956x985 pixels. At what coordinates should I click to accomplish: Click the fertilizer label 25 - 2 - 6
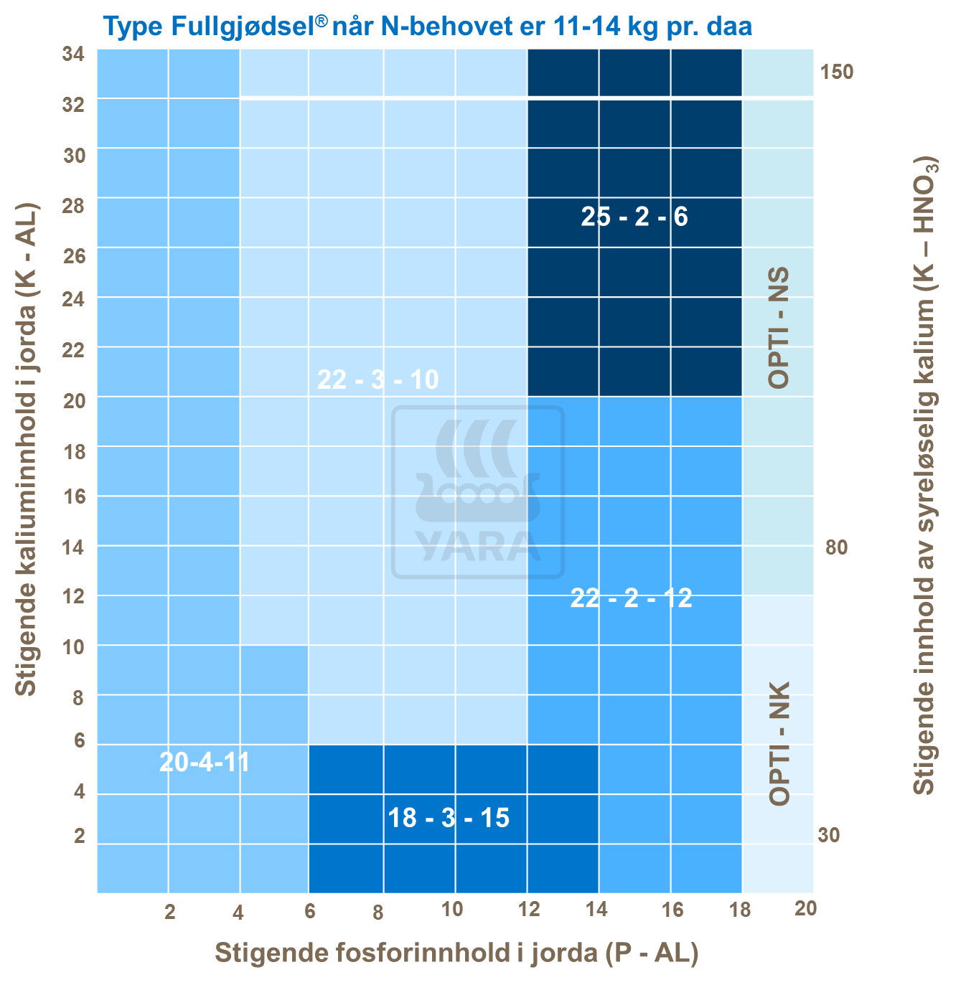[634, 216]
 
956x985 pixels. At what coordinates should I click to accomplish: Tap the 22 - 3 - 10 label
[378, 379]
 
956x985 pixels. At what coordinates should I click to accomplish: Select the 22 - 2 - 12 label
[631, 597]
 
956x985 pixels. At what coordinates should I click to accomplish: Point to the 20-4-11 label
[205, 762]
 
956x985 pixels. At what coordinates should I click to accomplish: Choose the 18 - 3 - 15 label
[449, 817]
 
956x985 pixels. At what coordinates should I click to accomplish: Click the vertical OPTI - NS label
[779, 328]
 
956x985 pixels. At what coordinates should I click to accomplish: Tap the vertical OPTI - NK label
[779, 743]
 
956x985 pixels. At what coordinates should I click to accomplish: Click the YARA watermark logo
[478, 492]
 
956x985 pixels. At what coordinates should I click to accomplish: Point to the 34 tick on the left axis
[74, 55]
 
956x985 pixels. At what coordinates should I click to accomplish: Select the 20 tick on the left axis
[74, 400]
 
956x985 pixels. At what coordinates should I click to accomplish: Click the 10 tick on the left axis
[74, 647]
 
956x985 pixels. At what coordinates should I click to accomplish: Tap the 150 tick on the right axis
[836, 72]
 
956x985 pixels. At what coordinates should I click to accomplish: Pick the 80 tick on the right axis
[836, 548]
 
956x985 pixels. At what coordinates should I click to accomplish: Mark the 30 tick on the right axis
[828, 835]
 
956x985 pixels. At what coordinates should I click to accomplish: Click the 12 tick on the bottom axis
[529, 910]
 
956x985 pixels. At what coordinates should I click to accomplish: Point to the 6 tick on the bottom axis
[310, 911]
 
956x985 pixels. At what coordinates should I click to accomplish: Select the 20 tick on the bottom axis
[805, 909]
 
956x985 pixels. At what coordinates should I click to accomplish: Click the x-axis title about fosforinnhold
[456, 953]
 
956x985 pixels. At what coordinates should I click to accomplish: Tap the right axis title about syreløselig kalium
[925, 474]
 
